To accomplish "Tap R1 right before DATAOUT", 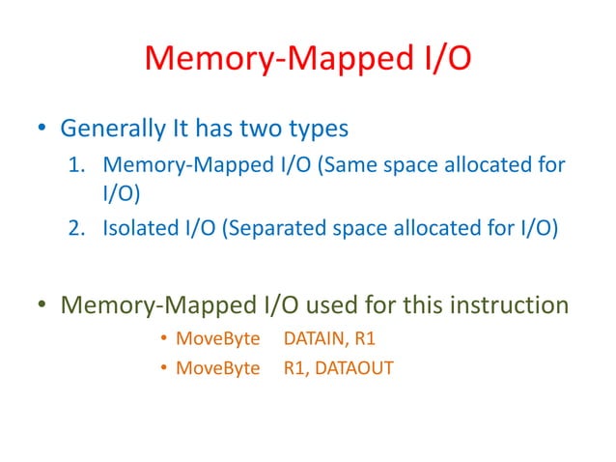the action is coord(295,367).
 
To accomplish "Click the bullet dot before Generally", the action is coord(43,129).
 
